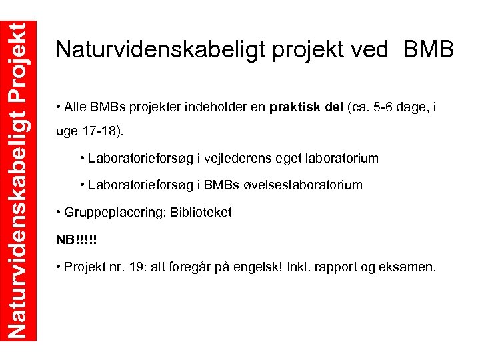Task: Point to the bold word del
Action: [x=334, y=107]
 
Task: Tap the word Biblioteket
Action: [x=201, y=213]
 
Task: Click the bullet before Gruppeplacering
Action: [x=59, y=213]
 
